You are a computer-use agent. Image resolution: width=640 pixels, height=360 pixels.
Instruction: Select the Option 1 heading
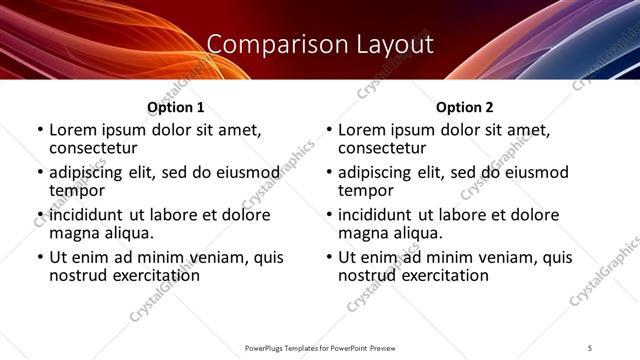pyautogui.click(x=176, y=107)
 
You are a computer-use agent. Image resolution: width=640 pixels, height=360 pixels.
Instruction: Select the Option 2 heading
pyautogui.click(x=465, y=107)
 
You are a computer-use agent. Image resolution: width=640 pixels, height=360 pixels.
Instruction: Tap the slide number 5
pyautogui.click(x=591, y=347)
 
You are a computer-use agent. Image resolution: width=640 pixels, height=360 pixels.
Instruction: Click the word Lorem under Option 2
pyautogui.click(x=362, y=130)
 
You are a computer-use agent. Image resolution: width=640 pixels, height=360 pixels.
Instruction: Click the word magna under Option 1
pyautogui.click(x=74, y=233)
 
